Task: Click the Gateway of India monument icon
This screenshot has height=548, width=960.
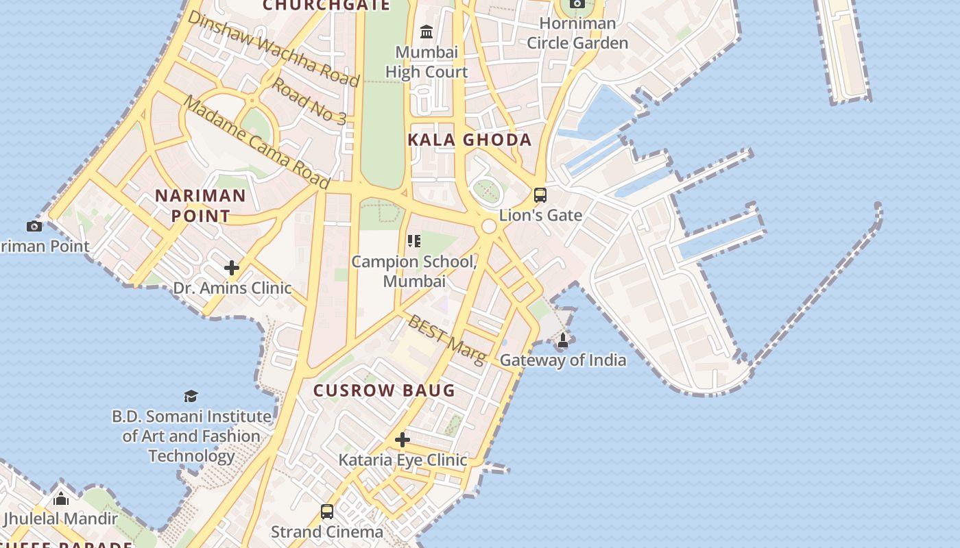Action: [563, 340]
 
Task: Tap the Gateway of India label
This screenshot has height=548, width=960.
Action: [562, 360]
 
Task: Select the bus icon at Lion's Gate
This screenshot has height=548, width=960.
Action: [540, 195]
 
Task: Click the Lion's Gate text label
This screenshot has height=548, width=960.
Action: [540, 215]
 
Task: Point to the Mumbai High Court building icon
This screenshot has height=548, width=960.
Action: [427, 32]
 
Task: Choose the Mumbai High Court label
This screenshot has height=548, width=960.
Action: [427, 62]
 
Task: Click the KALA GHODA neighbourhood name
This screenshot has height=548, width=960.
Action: [470, 140]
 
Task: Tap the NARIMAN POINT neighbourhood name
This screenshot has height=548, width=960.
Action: [200, 206]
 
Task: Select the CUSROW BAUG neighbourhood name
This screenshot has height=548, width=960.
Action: [384, 390]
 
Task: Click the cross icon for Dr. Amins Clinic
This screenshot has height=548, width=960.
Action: [232, 268]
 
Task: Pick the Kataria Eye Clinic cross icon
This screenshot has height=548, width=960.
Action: [403, 440]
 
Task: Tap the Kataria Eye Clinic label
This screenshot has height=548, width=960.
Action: [403, 460]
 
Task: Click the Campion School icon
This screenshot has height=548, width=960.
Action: [413, 241]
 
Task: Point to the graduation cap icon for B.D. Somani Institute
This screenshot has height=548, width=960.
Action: [191, 396]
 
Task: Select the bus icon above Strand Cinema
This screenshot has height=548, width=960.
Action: [327, 512]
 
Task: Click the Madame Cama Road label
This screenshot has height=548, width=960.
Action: [256, 142]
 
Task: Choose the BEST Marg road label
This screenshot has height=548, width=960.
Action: [446, 338]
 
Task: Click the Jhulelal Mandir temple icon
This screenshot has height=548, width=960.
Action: [61, 499]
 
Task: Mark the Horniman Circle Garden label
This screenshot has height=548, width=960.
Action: [577, 33]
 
